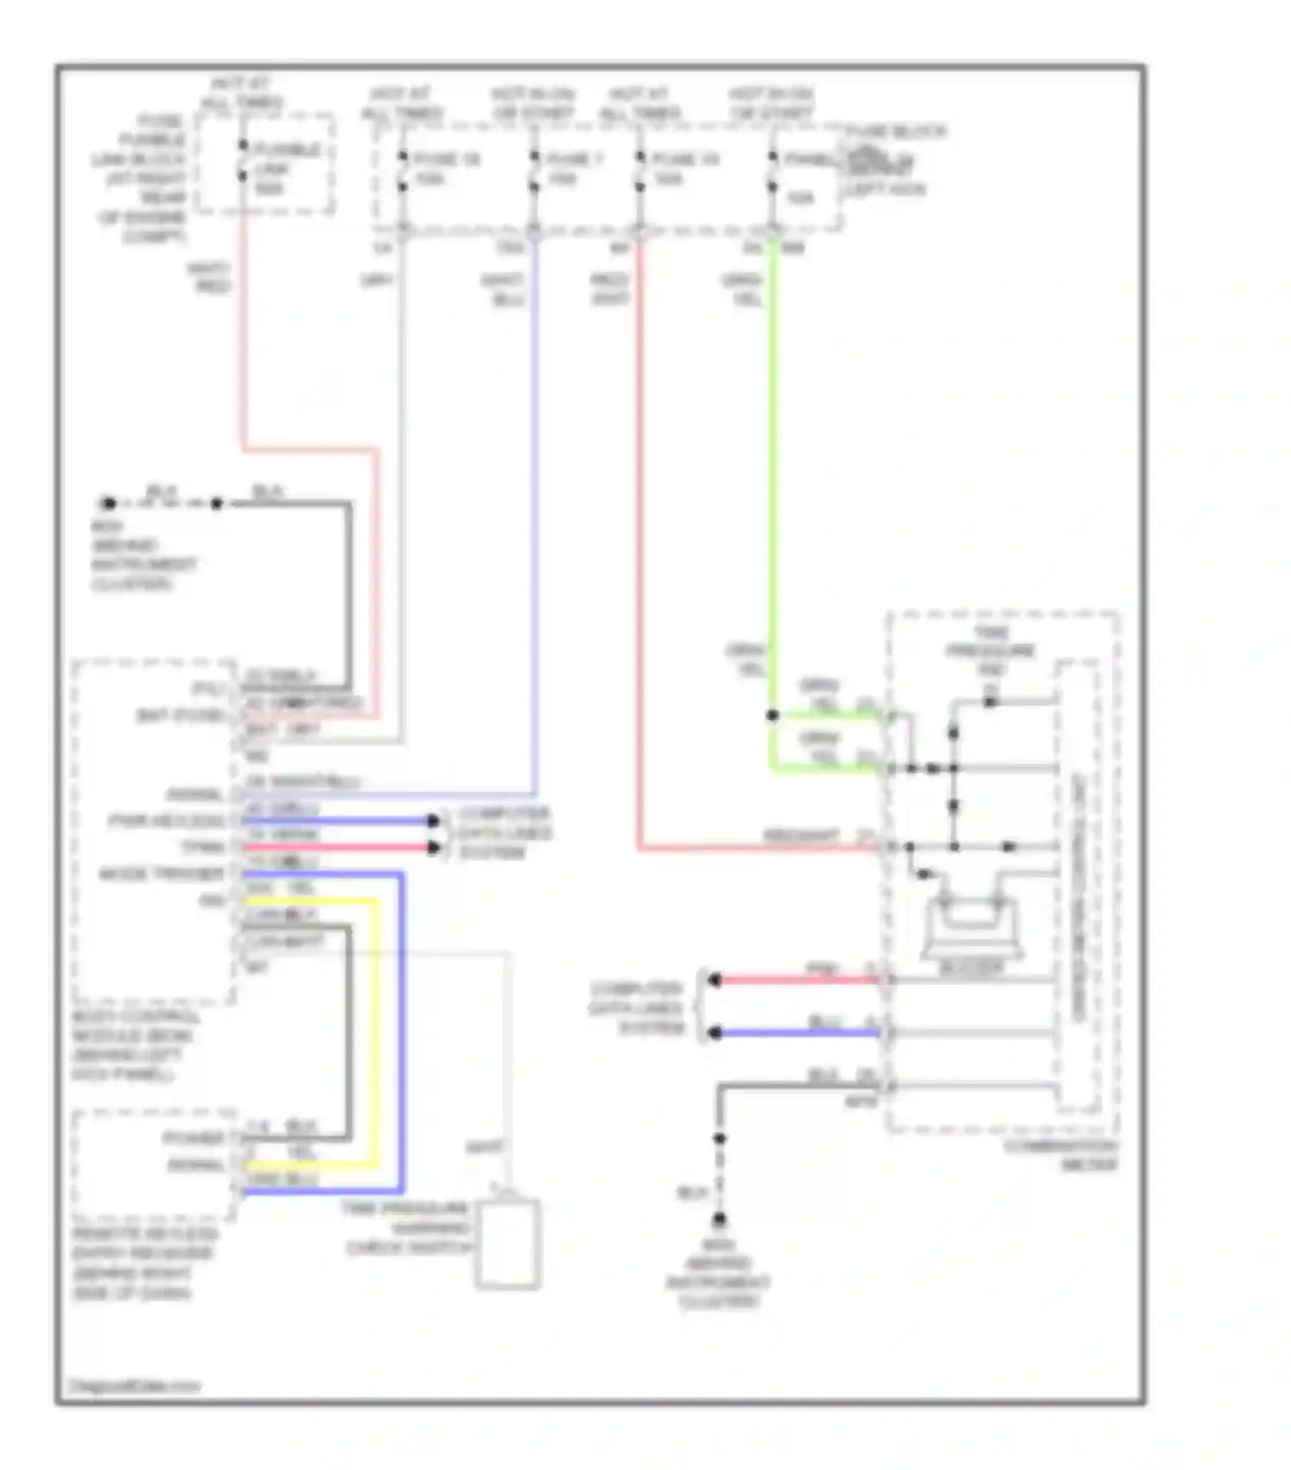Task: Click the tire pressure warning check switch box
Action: [508, 1243]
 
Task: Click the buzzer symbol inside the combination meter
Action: [971, 929]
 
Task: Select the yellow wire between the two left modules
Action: [375, 1032]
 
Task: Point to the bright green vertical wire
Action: [773, 473]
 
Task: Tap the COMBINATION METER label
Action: [1060, 1155]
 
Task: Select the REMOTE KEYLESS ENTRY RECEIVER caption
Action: [142, 1262]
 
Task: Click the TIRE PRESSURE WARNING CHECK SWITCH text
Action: [407, 1227]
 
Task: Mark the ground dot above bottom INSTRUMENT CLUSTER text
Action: [719, 1219]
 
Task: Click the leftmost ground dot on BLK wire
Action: [108, 503]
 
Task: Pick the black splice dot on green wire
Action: [772, 715]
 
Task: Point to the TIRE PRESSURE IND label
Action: [991, 650]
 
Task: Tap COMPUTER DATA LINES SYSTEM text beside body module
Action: [504, 833]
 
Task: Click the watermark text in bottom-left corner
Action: [133, 1386]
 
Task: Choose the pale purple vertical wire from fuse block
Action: [534, 516]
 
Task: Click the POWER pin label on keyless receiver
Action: [195, 1138]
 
